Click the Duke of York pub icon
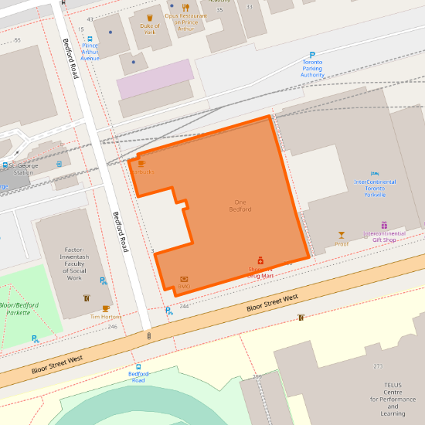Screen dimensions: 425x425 pos(149,16)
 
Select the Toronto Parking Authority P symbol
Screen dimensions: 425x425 pos(312,55)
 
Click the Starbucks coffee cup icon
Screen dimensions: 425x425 pos(141,163)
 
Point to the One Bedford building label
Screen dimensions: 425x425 pos(240,206)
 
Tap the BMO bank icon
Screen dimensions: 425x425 pos(184,278)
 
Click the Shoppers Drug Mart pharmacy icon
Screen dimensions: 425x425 pos(260,260)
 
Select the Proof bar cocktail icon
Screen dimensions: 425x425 pos(342,234)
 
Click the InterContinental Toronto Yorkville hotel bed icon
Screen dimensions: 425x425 pos(375,173)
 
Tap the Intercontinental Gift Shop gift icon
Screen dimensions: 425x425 pos(383,225)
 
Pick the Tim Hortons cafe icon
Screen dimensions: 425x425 pos(106,308)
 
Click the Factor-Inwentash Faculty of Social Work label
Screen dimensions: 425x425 pos(74,263)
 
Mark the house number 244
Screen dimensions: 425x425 pos(184,307)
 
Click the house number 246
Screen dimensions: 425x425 pos(113,327)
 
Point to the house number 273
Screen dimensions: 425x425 pos(378,366)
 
